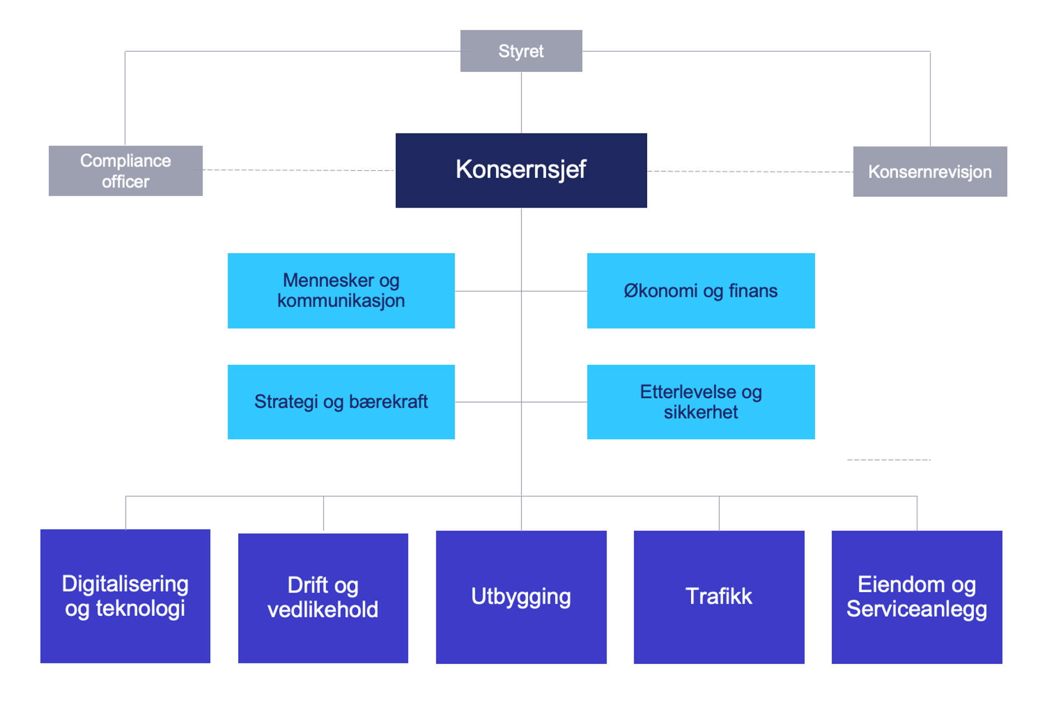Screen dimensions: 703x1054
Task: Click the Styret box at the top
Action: tap(521, 51)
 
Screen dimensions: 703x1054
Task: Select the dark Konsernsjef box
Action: tap(521, 170)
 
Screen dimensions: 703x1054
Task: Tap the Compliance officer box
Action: tap(125, 171)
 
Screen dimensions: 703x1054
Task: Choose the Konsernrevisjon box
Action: tap(930, 171)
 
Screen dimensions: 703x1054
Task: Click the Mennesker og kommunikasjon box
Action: tap(341, 291)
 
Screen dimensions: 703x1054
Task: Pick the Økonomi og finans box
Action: tap(700, 291)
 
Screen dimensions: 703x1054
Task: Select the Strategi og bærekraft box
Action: tap(341, 401)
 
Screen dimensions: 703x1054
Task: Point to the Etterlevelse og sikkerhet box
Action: tap(700, 401)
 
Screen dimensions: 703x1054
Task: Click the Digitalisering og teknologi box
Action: tap(125, 596)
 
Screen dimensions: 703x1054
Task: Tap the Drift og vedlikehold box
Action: tap(323, 598)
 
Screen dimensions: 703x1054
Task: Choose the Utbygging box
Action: tap(521, 597)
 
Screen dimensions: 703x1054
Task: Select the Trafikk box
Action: tap(719, 597)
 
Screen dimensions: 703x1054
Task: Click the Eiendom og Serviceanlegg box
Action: tap(917, 597)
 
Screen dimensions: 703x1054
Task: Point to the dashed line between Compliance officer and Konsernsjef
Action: tap(299, 170)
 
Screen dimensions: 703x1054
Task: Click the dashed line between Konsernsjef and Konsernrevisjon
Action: tap(750, 171)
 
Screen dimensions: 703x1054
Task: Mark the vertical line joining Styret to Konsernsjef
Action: tap(521, 102)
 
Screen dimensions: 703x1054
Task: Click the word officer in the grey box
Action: tap(125, 182)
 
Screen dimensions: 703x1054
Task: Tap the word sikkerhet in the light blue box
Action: tap(700, 412)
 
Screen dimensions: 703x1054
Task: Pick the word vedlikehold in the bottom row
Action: tap(323, 610)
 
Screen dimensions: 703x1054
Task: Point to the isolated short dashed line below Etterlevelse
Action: tap(889, 460)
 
